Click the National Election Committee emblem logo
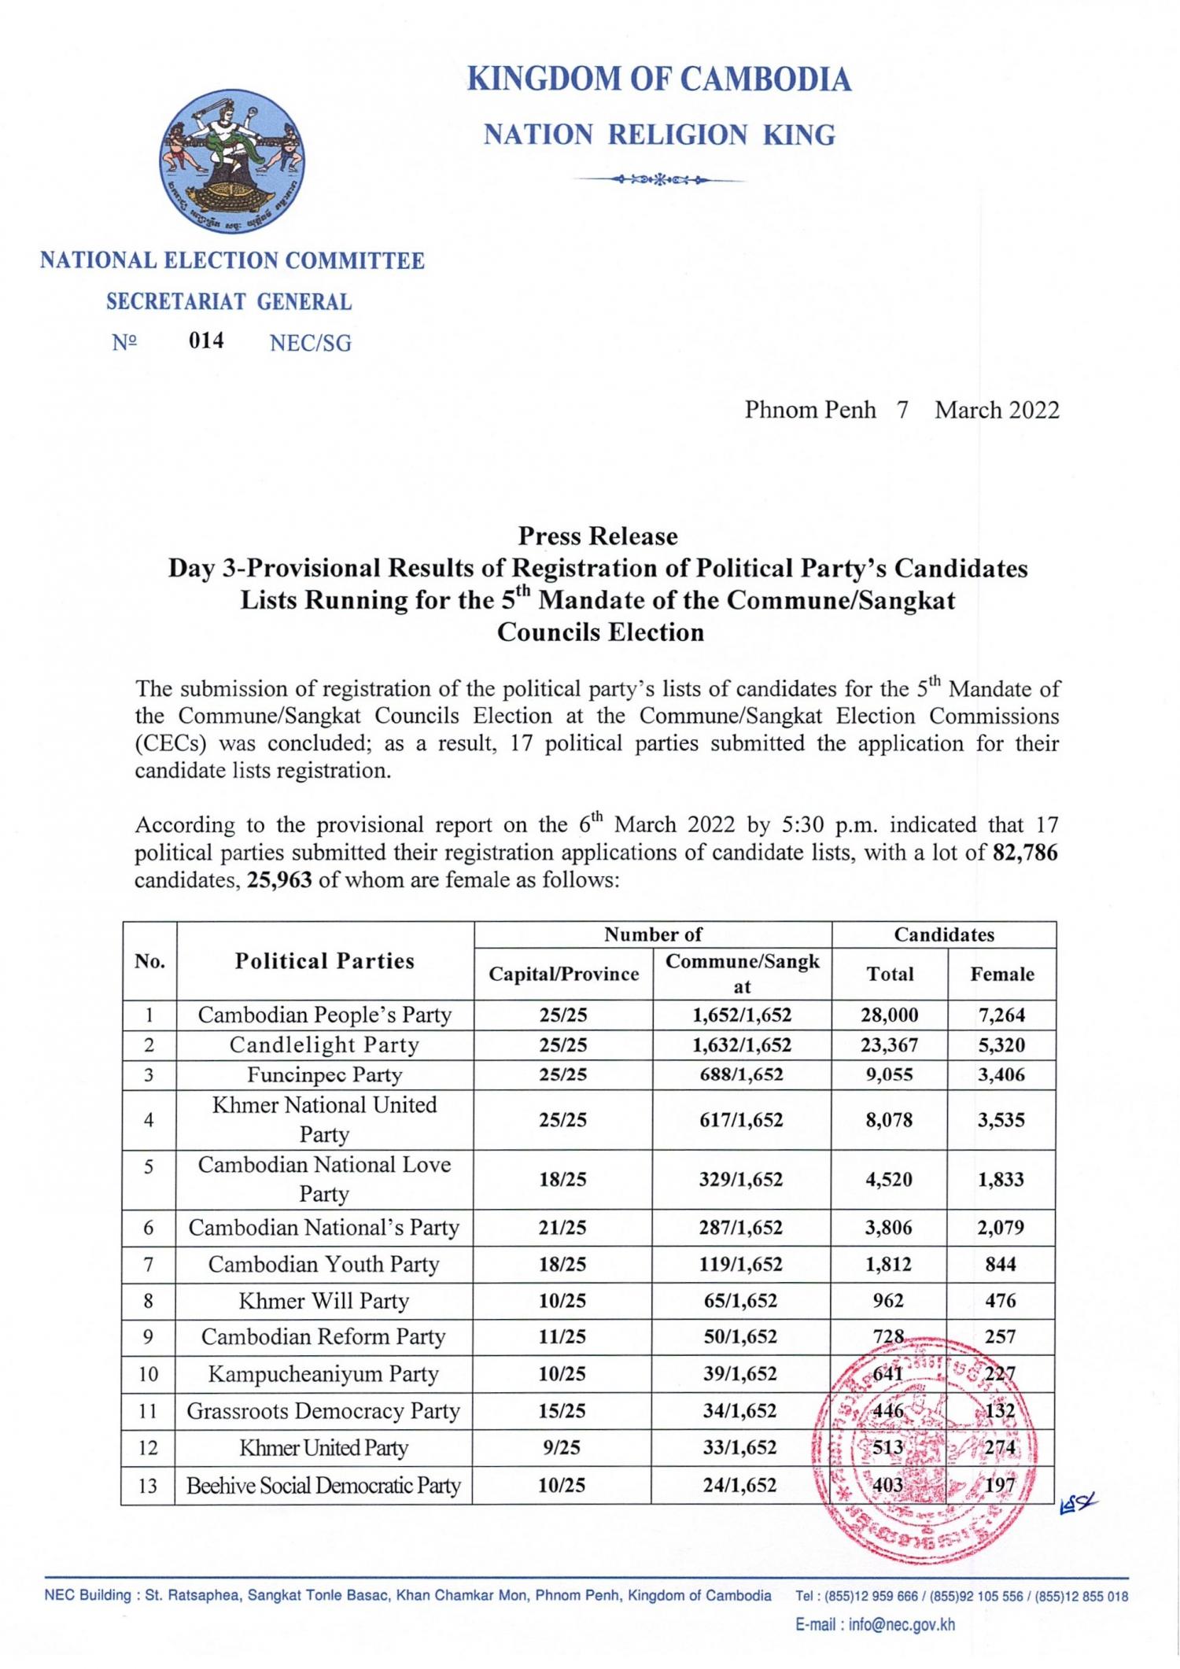tap(232, 165)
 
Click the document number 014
tap(206, 341)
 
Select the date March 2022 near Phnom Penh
tap(997, 410)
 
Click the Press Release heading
tap(598, 536)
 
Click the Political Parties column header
tap(324, 961)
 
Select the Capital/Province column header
tap(563, 974)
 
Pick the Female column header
tap(1001, 974)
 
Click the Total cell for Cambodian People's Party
tap(890, 1015)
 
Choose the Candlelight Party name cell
tap(324, 1045)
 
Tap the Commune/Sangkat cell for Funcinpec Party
tap(741, 1074)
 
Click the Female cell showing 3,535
tap(1001, 1119)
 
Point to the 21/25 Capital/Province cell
tap(563, 1227)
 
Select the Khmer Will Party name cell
tap(324, 1300)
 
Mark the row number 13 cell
tap(149, 1485)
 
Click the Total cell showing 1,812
tap(890, 1264)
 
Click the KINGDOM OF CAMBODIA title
tap(658, 80)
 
